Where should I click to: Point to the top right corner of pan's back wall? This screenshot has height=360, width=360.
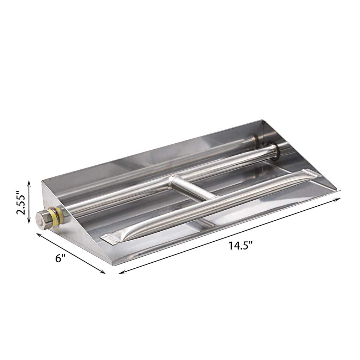click(x=262, y=121)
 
